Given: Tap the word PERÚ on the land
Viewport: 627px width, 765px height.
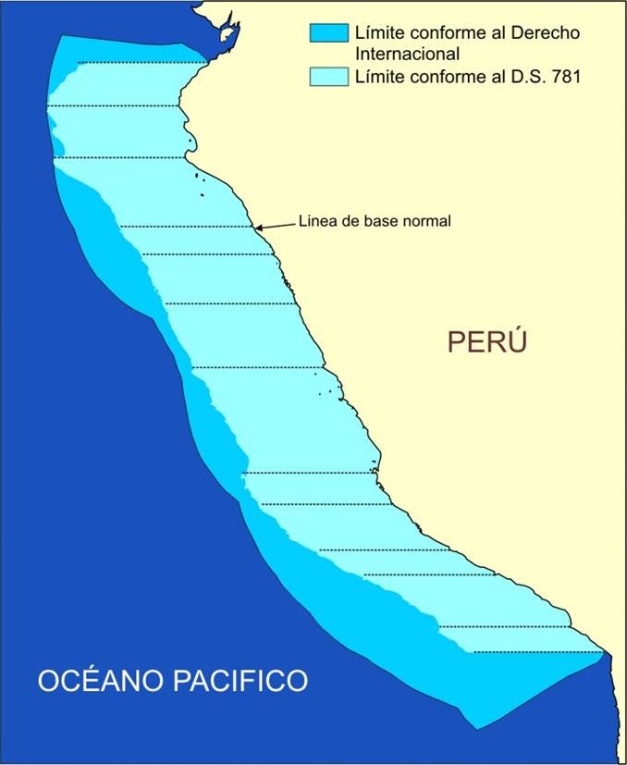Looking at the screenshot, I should click(x=486, y=341).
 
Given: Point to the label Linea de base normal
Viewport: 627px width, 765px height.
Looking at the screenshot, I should click(x=375, y=222).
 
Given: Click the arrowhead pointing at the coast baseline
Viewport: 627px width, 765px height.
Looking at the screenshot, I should click(x=259, y=227).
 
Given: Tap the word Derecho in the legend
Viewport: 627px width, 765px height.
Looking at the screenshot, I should click(x=544, y=33).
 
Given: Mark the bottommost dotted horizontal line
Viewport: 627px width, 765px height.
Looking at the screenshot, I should click(x=536, y=653).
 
